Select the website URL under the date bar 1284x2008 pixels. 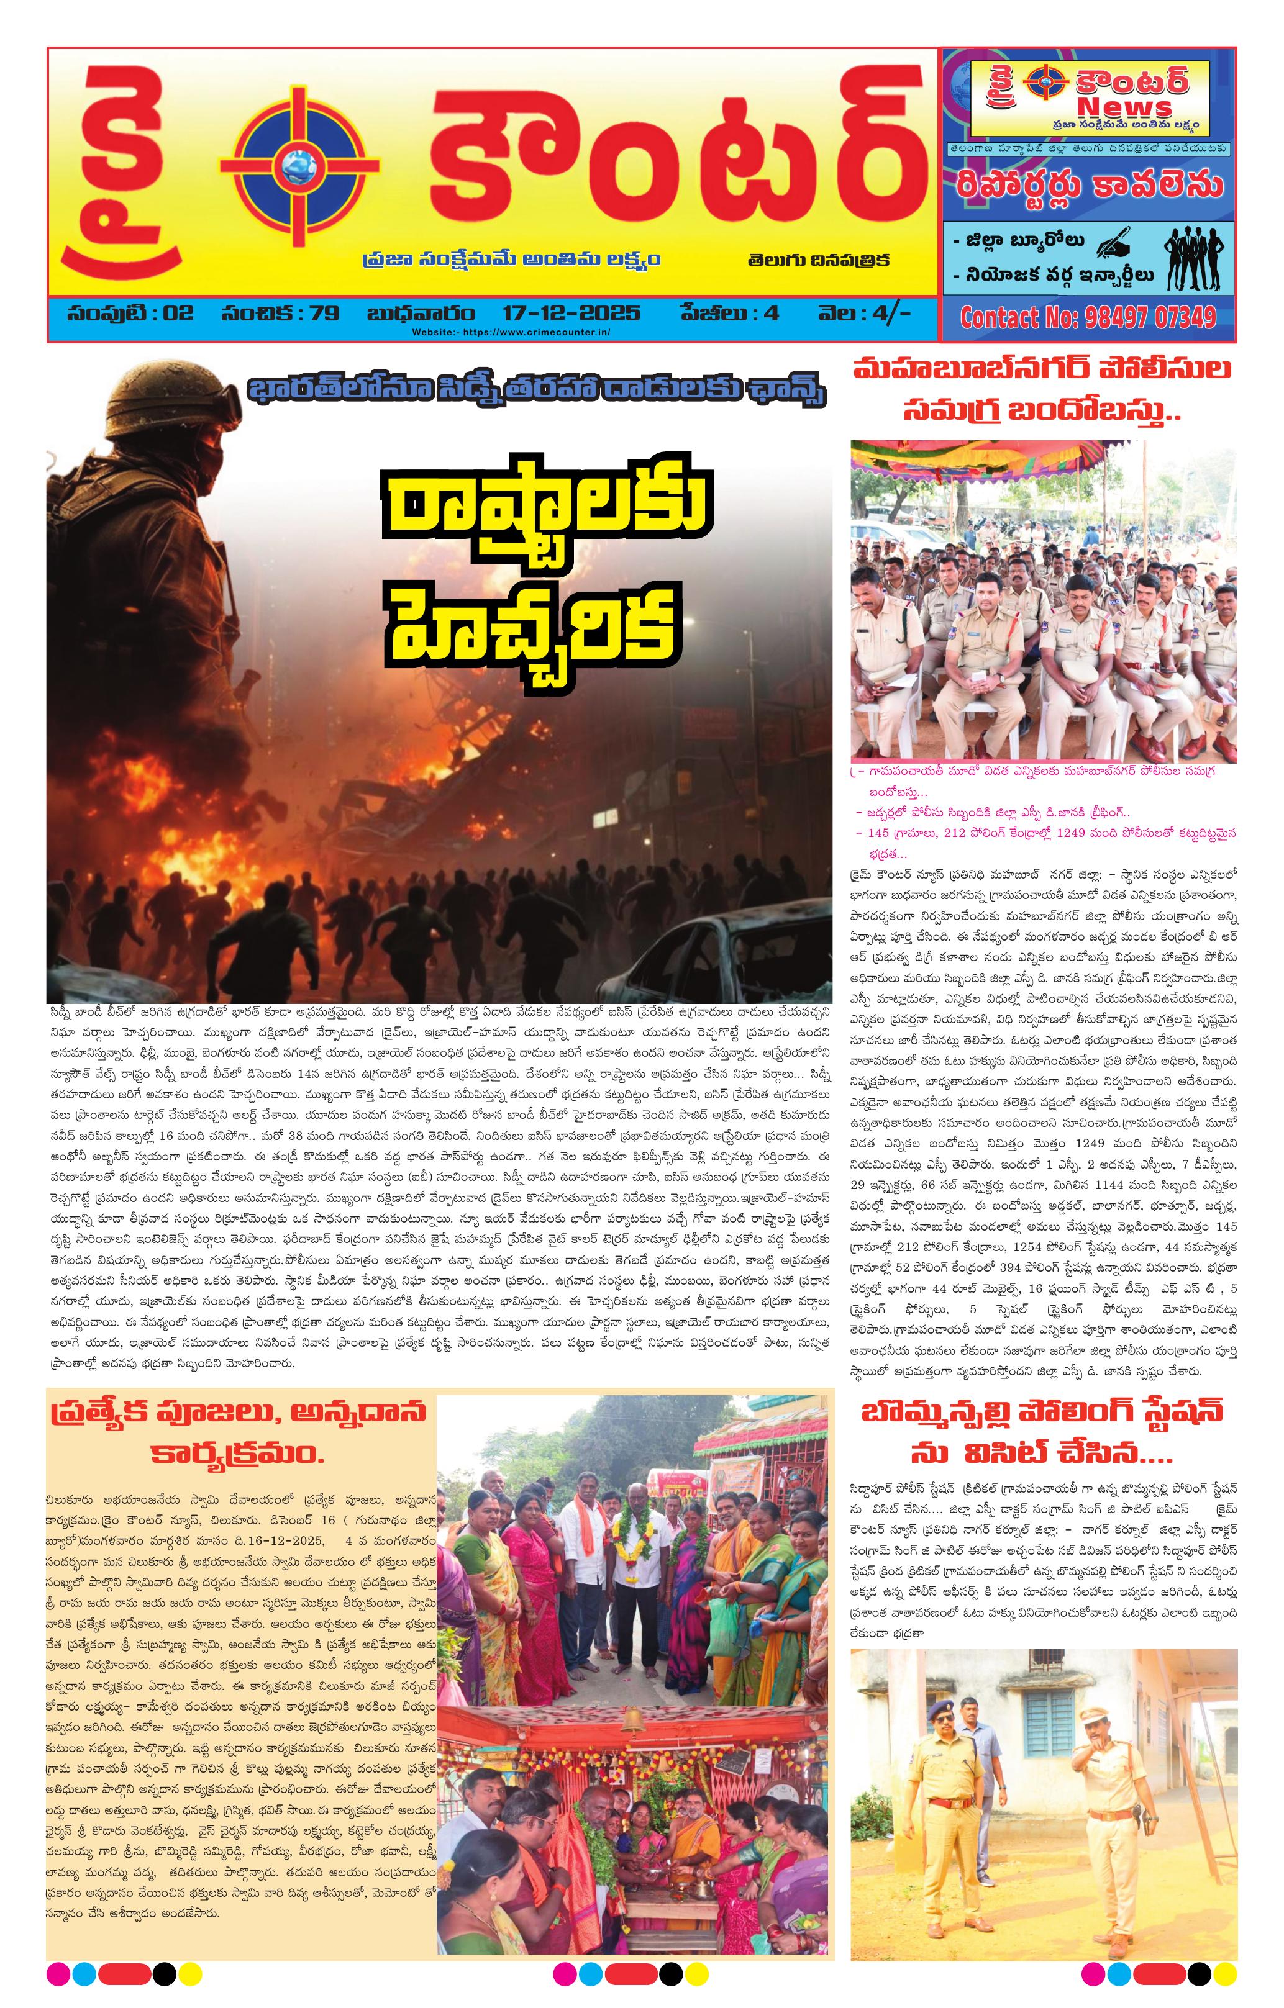tap(511, 332)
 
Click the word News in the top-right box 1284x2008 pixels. tap(1124, 107)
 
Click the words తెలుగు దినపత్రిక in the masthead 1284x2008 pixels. tap(817, 260)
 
